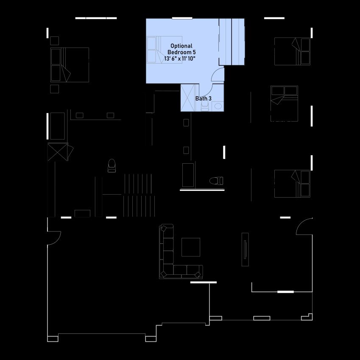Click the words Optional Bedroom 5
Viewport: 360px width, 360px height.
tap(181, 49)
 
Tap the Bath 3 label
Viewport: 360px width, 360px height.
tap(204, 98)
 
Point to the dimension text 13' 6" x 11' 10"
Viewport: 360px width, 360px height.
tap(179, 59)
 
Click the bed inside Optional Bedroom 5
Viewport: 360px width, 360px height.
tap(165, 50)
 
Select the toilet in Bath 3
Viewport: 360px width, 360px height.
tap(204, 106)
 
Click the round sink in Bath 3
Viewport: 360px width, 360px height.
tap(218, 106)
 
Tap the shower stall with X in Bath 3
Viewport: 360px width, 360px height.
tap(188, 98)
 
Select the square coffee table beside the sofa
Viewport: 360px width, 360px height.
tap(191, 247)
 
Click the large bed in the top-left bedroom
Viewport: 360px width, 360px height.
tap(70, 65)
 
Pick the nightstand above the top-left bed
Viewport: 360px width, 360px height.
tap(54, 41)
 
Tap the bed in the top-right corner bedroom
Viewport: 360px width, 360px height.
tap(292, 51)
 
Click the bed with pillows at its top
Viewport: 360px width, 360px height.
tap(284, 103)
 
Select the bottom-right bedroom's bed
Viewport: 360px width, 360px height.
tap(292, 184)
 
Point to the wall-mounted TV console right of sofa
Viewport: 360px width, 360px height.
tap(245, 250)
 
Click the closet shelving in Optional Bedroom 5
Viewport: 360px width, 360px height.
tap(232, 42)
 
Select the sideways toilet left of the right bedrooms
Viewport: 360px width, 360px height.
tap(216, 181)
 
